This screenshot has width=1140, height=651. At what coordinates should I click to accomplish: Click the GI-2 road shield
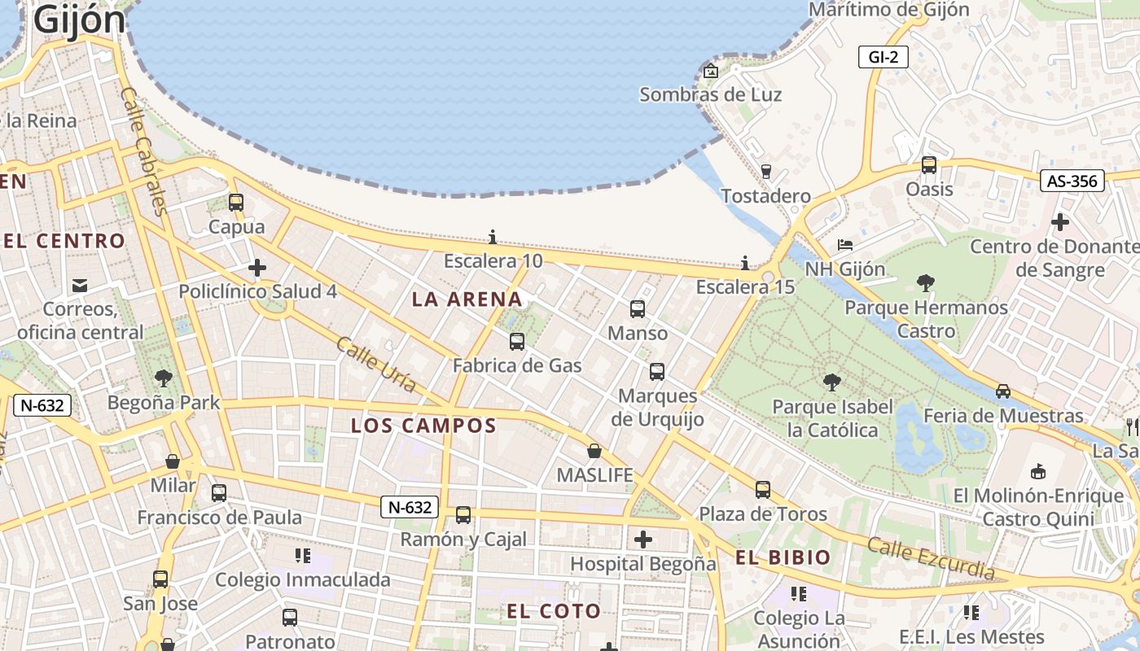(x=883, y=57)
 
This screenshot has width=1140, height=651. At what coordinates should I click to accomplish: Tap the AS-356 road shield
(x=1072, y=181)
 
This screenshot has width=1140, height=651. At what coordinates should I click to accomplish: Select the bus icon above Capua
(x=236, y=203)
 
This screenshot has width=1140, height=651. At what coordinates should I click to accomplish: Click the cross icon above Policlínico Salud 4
(x=257, y=268)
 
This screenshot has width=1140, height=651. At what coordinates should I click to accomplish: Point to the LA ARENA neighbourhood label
(x=467, y=299)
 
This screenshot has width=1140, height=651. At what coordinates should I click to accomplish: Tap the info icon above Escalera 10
(x=493, y=237)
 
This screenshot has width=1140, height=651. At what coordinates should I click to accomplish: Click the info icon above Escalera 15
(x=745, y=263)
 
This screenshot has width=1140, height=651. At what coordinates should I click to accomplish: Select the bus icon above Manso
(x=638, y=309)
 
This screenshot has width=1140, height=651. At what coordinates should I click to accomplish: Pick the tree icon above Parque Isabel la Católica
(x=831, y=382)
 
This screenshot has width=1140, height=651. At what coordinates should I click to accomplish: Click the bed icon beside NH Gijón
(x=845, y=244)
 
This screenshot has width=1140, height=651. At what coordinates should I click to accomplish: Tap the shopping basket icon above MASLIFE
(x=594, y=451)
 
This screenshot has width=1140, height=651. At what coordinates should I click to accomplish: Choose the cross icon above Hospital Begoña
(x=643, y=539)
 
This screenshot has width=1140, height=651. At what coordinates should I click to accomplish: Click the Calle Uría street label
(x=376, y=365)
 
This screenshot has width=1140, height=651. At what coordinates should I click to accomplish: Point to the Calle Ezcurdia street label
(x=930, y=557)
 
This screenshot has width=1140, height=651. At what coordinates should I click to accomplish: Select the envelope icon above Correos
(x=80, y=286)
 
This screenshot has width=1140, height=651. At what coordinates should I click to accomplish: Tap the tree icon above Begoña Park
(x=164, y=378)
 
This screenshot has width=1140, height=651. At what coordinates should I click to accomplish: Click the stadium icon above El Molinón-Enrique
(x=1037, y=471)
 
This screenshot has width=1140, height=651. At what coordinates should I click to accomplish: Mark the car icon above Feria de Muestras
(x=1003, y=391)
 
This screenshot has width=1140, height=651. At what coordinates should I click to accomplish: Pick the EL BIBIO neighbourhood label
(x=783, y=557)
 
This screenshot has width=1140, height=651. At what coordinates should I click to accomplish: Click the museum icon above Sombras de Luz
(x=711, y=71)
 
